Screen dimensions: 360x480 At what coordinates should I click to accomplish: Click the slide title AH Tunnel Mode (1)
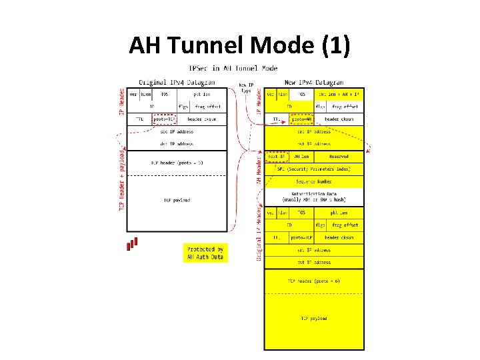239,45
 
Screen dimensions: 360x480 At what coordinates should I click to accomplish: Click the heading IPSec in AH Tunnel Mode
233,69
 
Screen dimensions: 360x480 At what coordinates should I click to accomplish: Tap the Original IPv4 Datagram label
177,82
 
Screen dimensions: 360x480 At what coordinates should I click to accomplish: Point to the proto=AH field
301,119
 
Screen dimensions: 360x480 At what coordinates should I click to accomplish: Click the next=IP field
277,157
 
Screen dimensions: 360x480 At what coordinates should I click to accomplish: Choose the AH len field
301,157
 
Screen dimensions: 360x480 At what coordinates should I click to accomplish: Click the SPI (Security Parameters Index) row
315,169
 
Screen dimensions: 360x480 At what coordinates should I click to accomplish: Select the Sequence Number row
315,181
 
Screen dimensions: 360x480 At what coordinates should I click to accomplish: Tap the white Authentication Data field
315,197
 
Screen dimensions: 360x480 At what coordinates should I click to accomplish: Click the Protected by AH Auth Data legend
205,253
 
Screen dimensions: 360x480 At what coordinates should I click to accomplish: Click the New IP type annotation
247,88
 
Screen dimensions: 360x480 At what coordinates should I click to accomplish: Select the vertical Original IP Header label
259,233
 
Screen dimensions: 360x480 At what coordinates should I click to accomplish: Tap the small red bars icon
133,244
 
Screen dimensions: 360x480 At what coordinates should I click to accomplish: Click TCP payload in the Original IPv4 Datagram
177,200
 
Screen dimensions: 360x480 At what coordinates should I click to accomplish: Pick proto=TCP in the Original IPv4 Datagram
164,119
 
